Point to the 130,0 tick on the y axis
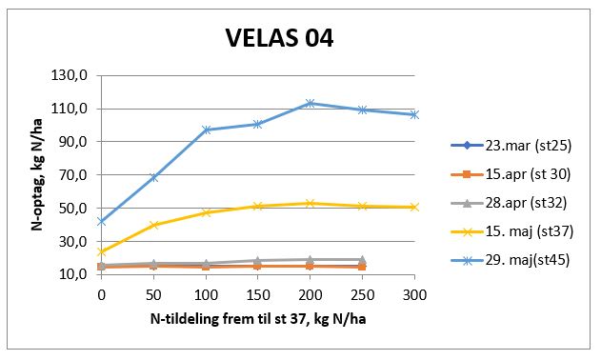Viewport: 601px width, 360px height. (73, 75)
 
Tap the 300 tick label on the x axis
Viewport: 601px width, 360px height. (414, 293)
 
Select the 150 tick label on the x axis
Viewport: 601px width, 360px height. (257, 293)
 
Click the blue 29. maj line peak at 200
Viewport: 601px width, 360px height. (310, 103)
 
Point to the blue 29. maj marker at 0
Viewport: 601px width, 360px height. (101, 221)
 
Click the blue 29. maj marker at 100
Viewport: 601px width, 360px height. (206, 130)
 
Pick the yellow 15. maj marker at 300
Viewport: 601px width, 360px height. (414, 207)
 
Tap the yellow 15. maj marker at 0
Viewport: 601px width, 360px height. (101, 251)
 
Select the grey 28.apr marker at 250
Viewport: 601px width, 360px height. (362, 259)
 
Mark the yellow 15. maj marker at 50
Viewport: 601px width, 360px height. (153, 225)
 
